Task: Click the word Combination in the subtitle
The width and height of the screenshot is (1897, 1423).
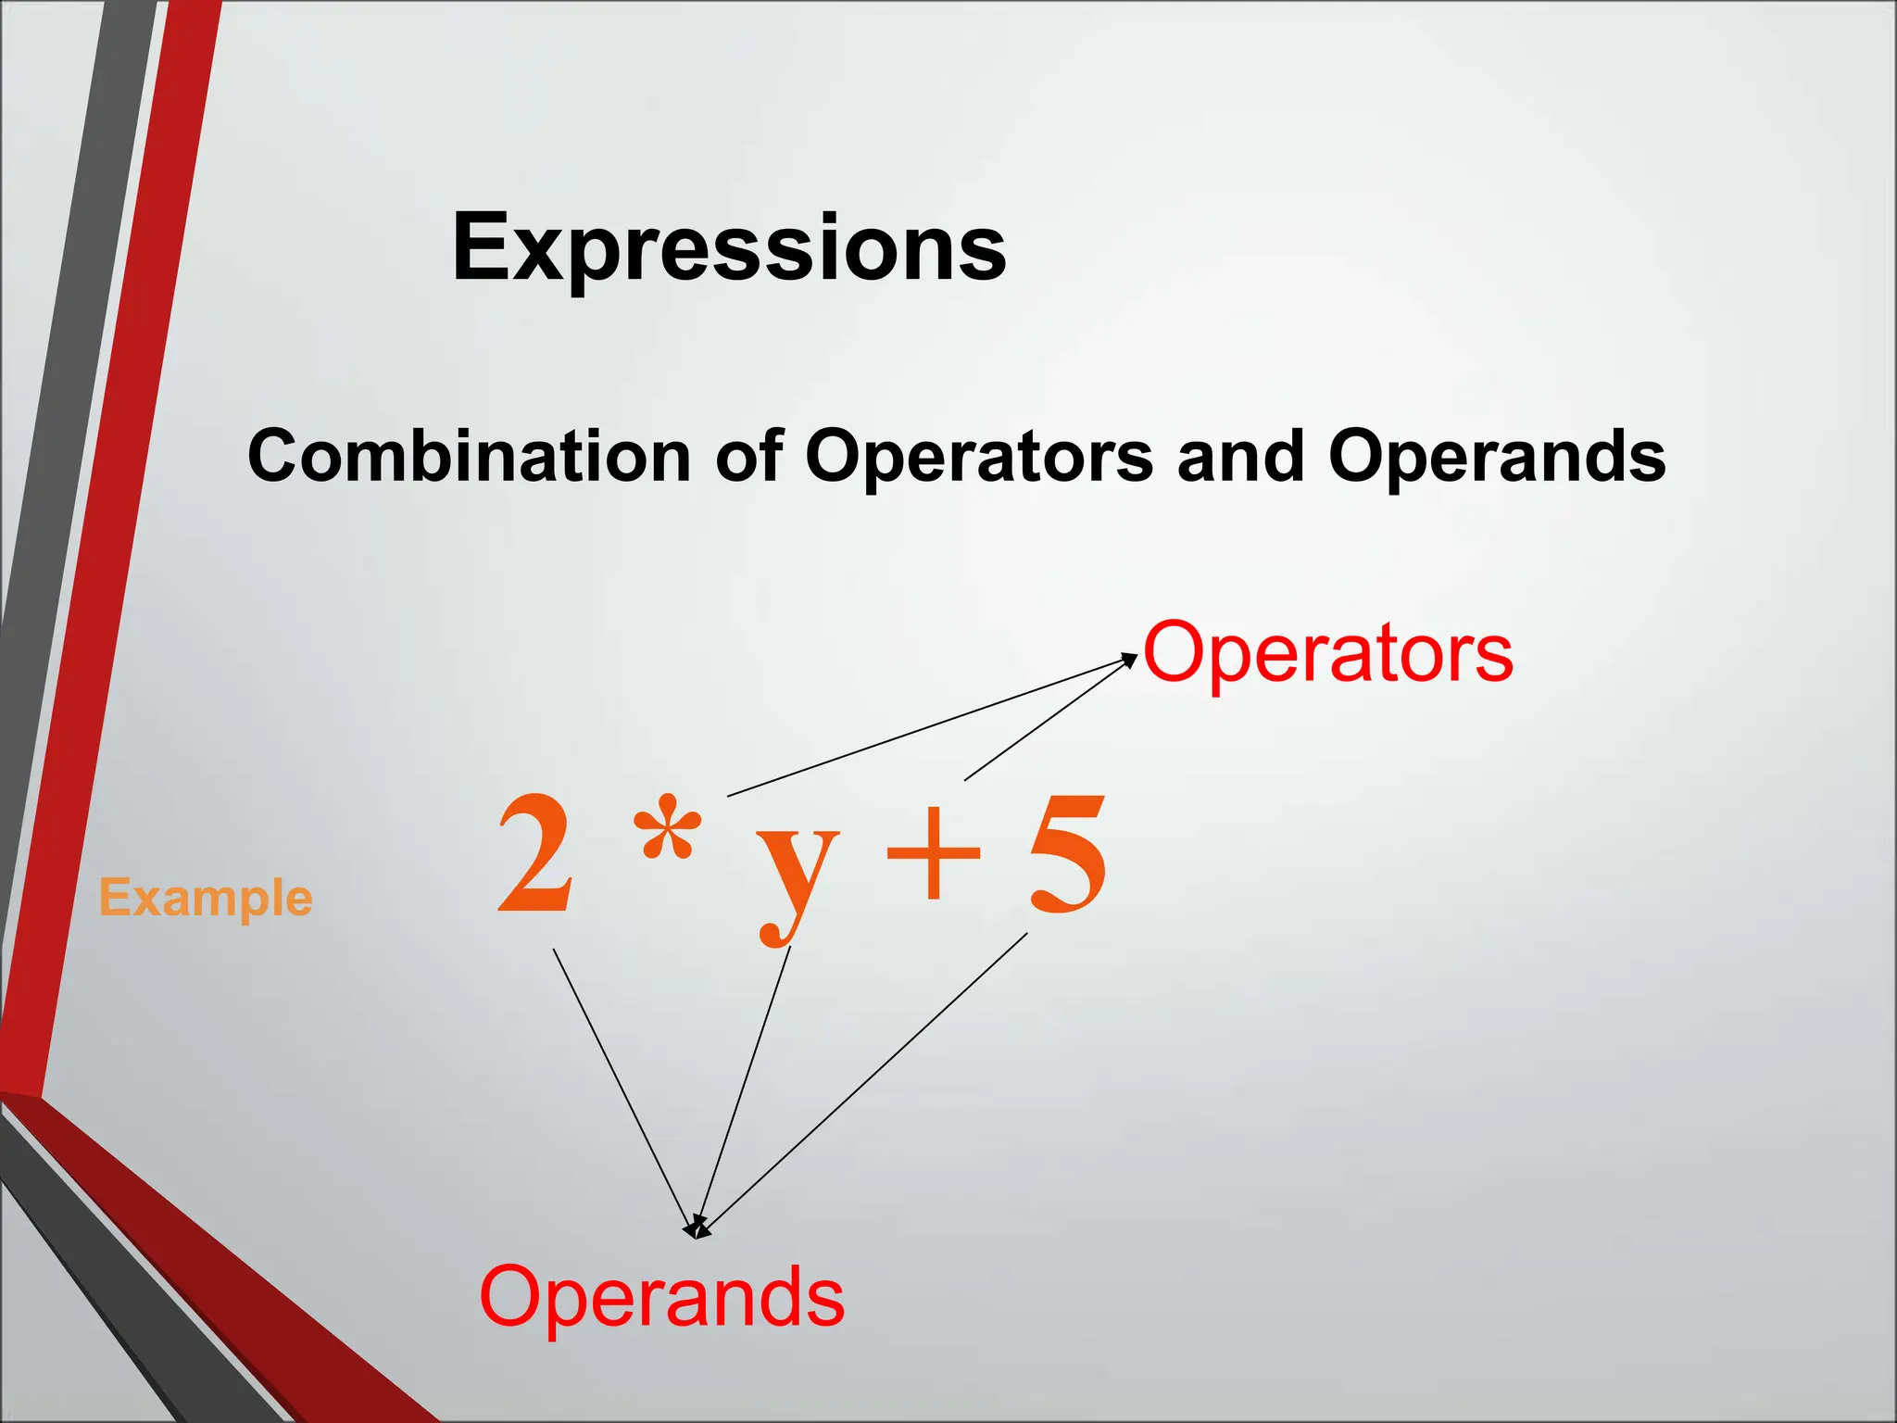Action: [469, 456]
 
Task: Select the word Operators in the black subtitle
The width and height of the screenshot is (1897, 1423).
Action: [978, 456]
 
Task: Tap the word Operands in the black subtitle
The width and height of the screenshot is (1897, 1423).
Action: [1496, 456]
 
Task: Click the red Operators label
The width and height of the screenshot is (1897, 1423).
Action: [1328, 652]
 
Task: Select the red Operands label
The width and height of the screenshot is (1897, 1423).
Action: [661, 1297]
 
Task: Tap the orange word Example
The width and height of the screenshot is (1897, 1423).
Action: [206, 898]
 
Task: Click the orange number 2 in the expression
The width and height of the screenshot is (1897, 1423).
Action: [535, 854]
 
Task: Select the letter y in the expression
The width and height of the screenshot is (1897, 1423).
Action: [797, 871]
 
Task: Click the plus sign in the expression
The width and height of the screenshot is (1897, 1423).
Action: [933, 853]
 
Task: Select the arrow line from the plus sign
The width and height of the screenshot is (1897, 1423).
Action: [1047, 720]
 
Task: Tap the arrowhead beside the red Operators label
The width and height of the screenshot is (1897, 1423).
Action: [1129, 659]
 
